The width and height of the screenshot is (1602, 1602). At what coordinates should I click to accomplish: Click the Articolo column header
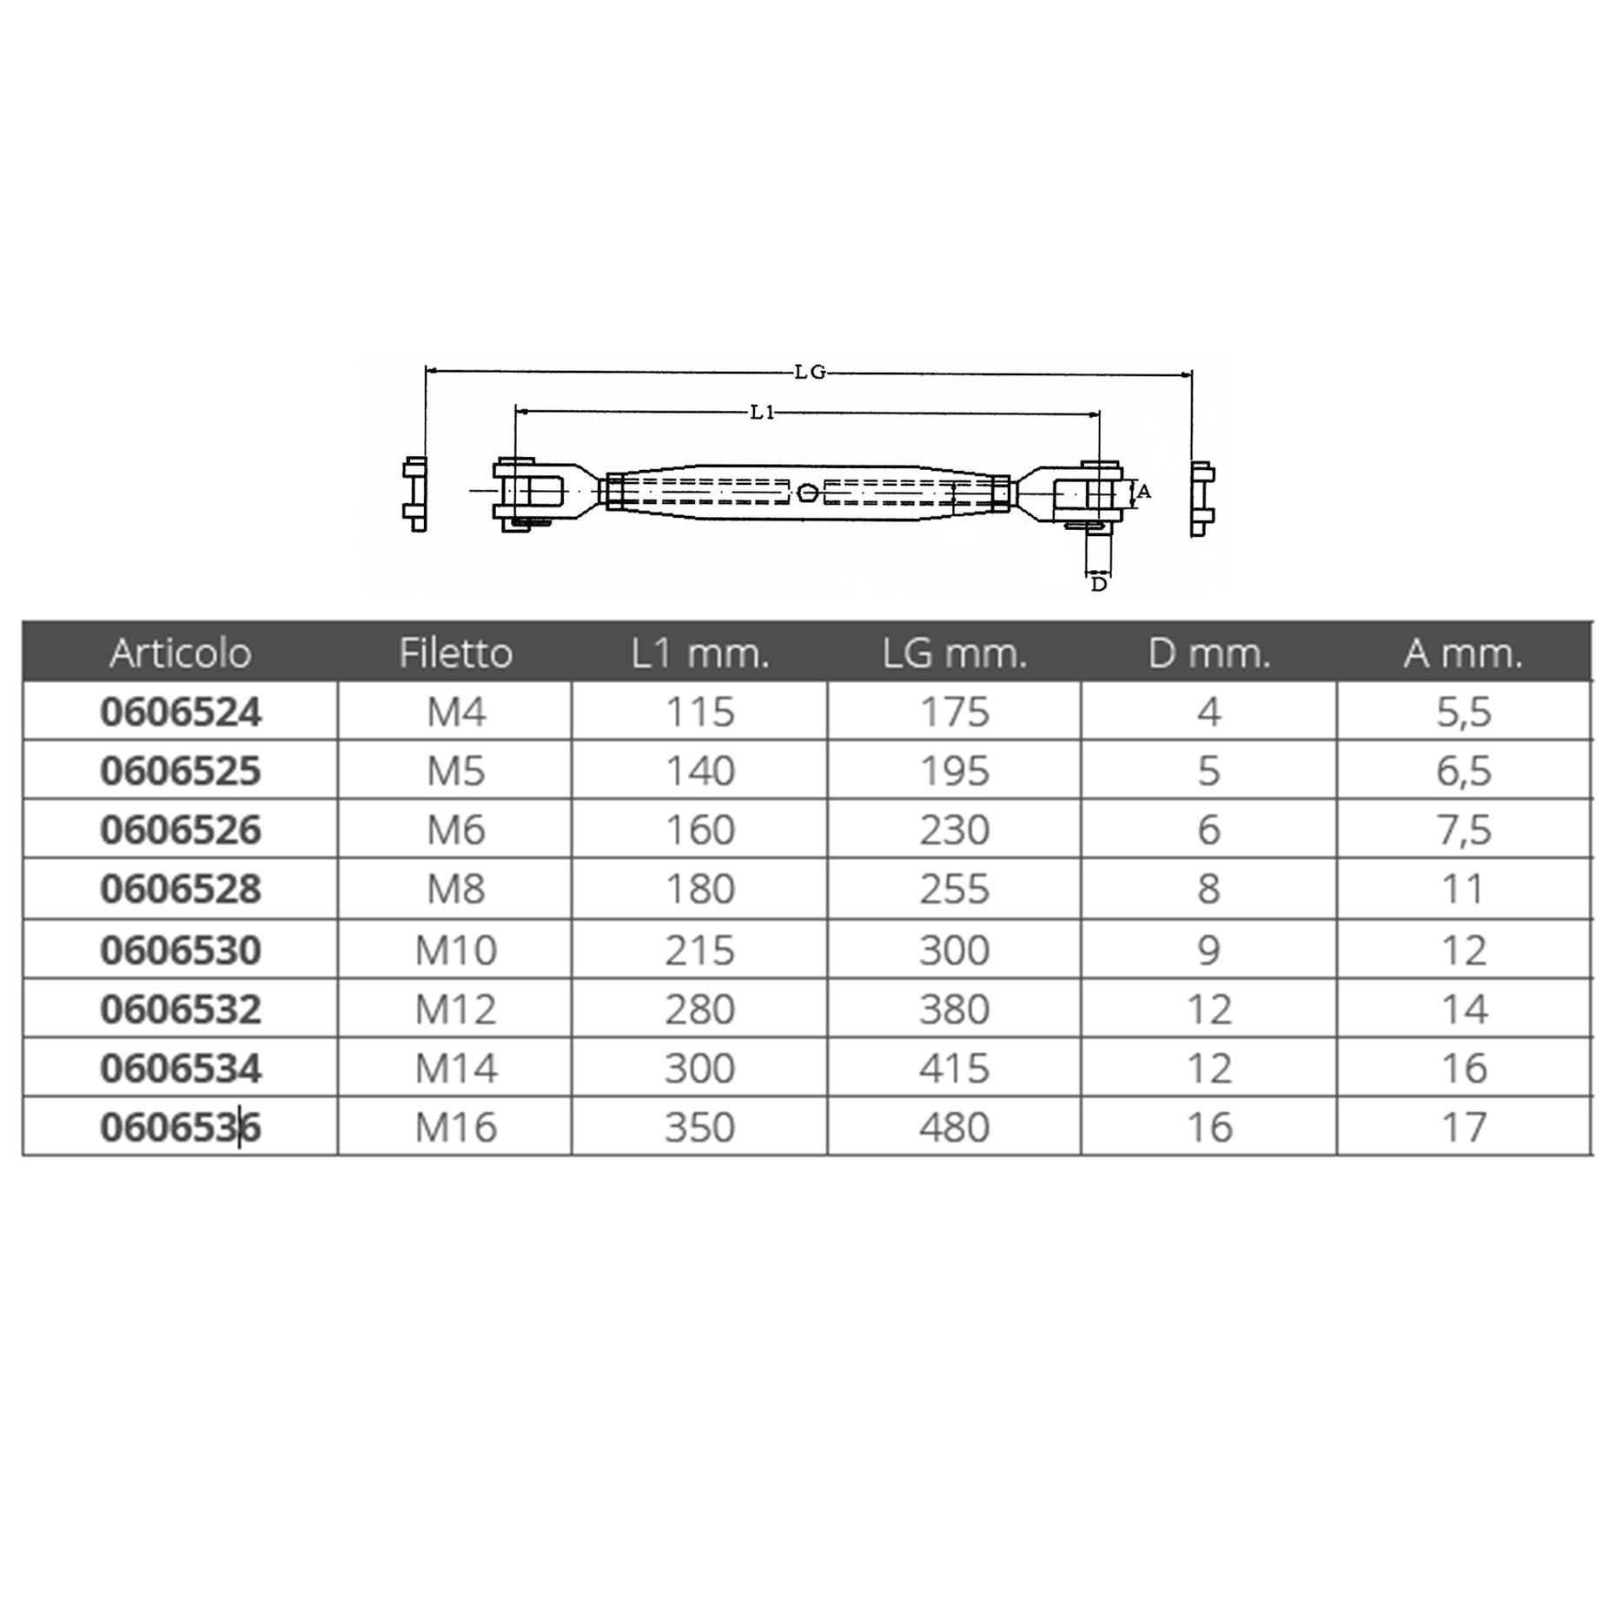[181, 653]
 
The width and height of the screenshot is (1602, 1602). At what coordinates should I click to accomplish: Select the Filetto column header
[456, 653]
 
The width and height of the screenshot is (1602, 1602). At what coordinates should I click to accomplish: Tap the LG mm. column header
[955, 653]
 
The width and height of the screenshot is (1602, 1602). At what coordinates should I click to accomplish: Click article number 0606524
[181, 712]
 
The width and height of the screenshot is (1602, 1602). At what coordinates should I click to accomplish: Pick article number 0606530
[181, 950]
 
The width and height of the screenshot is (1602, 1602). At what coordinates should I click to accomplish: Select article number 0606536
[181, 1128]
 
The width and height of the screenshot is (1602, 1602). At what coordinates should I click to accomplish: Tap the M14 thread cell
[456, 1069]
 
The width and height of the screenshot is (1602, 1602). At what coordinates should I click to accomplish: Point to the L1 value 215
[700, 950]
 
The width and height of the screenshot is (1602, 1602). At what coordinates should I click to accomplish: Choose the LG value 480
[955, 1128]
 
